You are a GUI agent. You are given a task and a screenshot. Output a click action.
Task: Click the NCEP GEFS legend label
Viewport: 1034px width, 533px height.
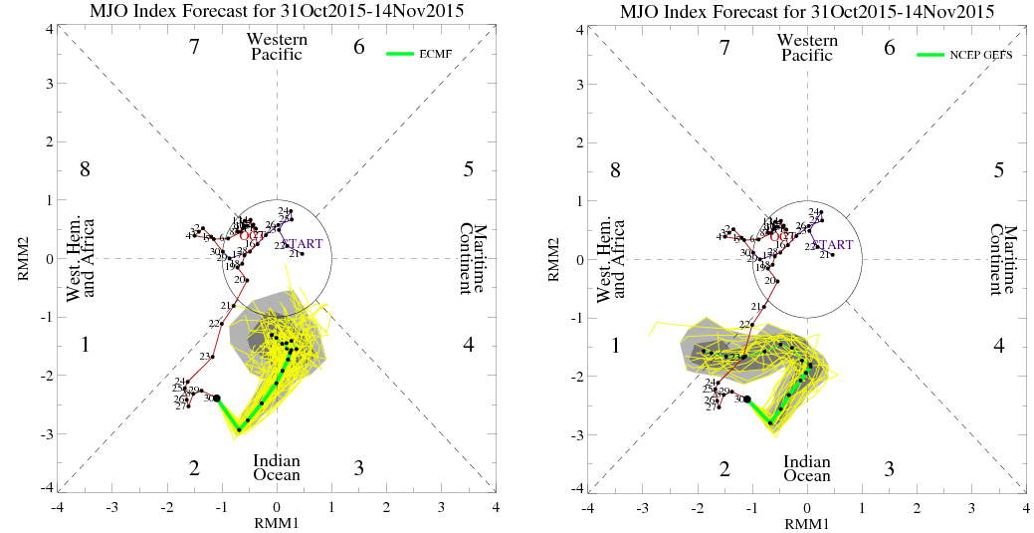click(x=980, y=55)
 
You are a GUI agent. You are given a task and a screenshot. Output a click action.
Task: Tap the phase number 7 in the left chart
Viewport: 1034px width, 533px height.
click(x=195, y=47)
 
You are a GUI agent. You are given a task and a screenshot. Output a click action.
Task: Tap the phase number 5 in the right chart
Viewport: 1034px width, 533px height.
click(x=998, y=169)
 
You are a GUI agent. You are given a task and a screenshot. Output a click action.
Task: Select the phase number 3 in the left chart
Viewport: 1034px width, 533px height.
click(x=358, y=468)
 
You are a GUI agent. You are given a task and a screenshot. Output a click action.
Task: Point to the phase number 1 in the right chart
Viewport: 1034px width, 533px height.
click(x=616, y=346)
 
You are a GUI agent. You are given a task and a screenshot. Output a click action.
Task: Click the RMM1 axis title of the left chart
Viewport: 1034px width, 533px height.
click(x=277, y=521)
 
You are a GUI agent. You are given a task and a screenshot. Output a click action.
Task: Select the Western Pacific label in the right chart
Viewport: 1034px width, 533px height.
click(x=807, y=47)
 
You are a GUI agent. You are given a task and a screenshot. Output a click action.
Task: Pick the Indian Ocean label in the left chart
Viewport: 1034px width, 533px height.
click(x=277, y=467)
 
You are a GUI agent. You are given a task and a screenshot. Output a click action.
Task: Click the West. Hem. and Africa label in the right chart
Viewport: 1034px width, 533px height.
click(x=611, y=259)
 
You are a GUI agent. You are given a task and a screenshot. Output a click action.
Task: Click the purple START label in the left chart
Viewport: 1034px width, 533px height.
click(x=303, y=244)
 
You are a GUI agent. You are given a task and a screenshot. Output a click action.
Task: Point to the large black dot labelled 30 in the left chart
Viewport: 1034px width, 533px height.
click(x=217, y=399)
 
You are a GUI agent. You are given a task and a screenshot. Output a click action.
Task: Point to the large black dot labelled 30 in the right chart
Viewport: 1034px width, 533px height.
click(x=747, y=400)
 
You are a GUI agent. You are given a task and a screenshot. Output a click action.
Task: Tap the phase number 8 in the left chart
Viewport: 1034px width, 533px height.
click(x=86, y=169)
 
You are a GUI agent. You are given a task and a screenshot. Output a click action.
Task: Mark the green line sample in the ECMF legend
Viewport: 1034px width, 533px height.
click(x=401, y=54)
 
